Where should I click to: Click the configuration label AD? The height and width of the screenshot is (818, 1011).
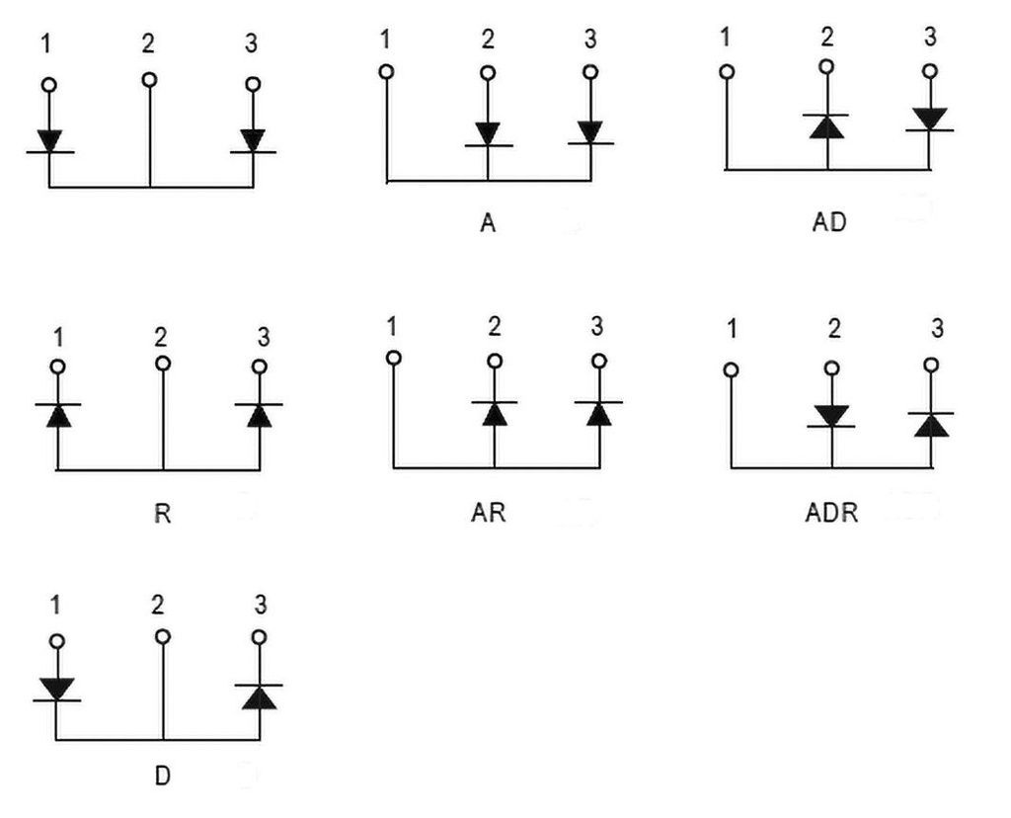(x=828, y=222)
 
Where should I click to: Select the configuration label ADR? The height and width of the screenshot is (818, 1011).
(x=831, y=514)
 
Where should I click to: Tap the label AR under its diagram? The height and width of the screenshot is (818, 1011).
(x=489, y=514)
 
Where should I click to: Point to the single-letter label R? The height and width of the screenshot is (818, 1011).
(x=162, y=514)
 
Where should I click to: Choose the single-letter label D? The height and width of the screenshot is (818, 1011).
(x=162, y=777)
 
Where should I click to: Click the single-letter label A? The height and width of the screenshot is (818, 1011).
(x=487, y=223)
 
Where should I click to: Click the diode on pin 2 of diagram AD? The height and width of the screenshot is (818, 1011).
(x=827, y=124)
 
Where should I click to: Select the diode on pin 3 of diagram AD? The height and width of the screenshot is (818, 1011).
(x=929, y=120)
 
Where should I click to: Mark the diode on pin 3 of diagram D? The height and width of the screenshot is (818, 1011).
(x=259, y=695)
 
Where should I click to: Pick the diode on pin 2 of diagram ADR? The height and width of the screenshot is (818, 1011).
(x=831, y=416)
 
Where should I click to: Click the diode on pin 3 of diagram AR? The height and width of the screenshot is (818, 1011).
(x=598, y=412)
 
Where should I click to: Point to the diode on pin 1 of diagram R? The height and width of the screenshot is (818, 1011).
(x=58, y=414)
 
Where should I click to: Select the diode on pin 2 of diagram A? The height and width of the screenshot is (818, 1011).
(x=488, y=134)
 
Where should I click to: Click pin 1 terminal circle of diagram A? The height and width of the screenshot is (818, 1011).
(x=387, y=71)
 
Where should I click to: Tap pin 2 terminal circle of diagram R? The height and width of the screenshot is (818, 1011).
(x=162, y=364)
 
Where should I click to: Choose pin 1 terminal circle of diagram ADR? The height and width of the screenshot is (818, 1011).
(x=731, y=369)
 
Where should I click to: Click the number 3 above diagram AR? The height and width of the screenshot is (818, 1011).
(x=595, y=326)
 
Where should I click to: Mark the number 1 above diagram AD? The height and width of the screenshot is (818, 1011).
(x=726, y=39)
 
